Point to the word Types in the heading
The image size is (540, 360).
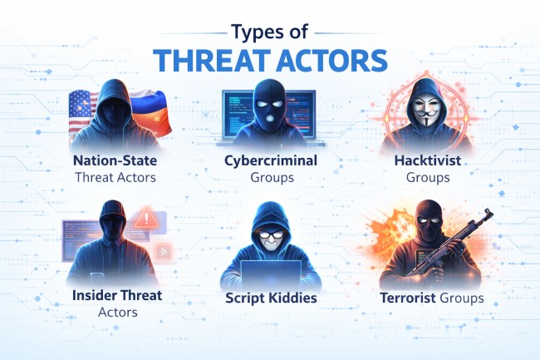[252, 32]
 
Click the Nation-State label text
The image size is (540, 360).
[114, 160]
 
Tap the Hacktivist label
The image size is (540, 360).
[427, 160]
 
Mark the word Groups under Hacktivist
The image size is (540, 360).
[427, 176]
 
